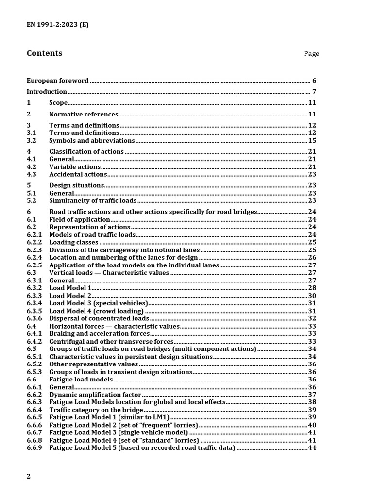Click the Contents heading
click(44, 53)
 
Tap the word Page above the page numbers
click(311, 54)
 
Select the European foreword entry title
click(57, 81)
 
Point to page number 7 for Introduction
click(314, 92)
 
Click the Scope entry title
click(58, 103)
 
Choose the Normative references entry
click(84, 115)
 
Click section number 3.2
click(32, 141)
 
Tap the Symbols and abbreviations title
click(92, 141)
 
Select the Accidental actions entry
click(78, 174)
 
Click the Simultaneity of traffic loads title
click(93, 200)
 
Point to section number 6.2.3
click(34, 250)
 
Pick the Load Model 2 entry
click(70, 296)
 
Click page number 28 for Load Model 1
click(312, 288)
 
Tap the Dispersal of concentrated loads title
click(99, 318)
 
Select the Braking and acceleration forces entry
click(100, 333)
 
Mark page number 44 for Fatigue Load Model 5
click(312, 447)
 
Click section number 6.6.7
click(34, 432)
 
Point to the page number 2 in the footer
click(29, 477)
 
